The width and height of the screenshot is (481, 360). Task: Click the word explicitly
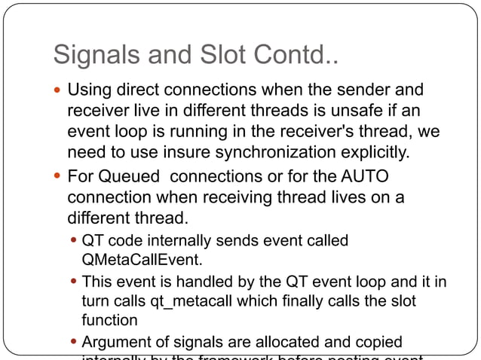tap(376, 154)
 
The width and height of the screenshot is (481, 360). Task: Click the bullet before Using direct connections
tap(58, 91)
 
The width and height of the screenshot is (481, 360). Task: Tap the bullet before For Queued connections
tap(58, 178)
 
